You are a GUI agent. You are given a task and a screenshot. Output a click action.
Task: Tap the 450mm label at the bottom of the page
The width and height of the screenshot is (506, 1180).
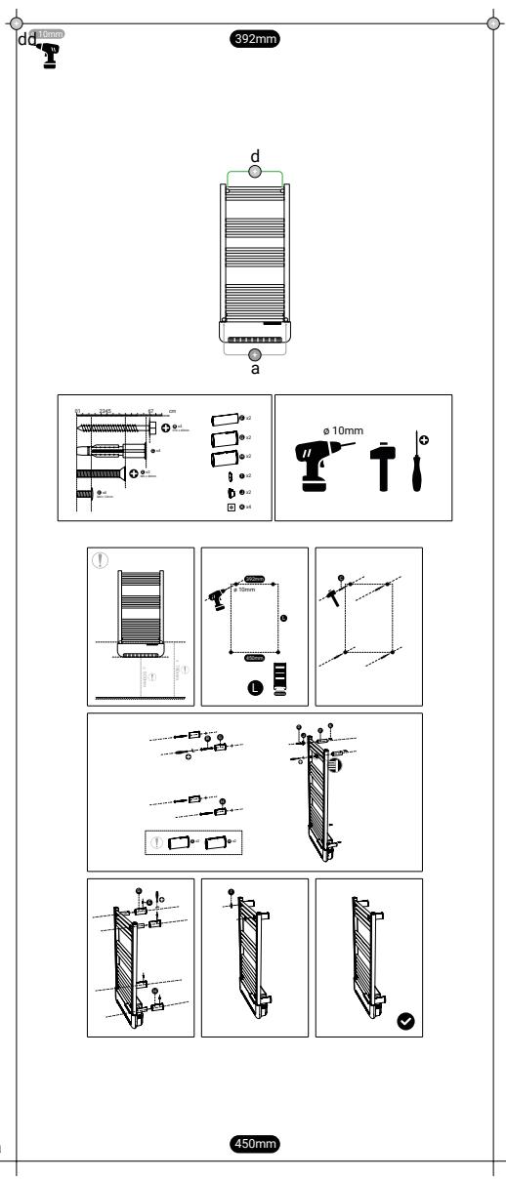tap(253, 1142)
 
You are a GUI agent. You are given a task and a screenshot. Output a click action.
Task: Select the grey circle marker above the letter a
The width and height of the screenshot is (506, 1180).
tap(254, 354)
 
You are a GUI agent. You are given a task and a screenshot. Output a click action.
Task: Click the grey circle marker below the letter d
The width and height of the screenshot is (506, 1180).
tap(254, 172)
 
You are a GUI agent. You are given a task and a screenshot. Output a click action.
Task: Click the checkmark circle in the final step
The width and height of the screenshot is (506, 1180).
tap(405, 1021)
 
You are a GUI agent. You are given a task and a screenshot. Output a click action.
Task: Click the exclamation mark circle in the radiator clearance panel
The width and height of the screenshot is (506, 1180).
tap(100, 560)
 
